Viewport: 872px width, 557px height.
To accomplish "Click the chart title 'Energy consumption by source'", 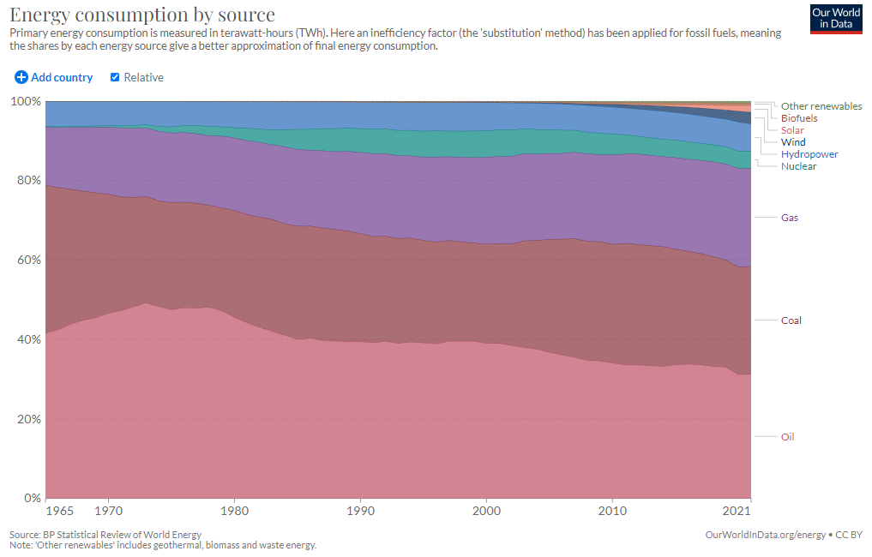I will point(142,15).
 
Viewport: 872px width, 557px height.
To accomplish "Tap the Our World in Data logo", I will point(835,19).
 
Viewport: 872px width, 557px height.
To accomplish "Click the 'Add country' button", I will point(54,77).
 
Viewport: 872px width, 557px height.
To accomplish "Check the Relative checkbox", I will point(115,77).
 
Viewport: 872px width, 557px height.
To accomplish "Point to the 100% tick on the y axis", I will point(26,101).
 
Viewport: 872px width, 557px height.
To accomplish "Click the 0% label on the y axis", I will point(31,498).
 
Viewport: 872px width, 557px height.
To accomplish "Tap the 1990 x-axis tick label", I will point(360,512).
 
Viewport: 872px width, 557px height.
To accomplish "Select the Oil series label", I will point(788,437).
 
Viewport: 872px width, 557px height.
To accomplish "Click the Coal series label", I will point(791,320).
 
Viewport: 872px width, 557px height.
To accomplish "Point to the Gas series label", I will point(790,218).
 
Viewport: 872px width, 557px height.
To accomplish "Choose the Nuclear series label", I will point(799,166).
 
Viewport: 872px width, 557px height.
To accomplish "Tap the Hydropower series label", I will point(809,154).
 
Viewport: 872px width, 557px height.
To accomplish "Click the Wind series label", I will point(793,142).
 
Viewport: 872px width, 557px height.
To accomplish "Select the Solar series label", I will point(792,130).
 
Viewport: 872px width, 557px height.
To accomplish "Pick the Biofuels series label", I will point(799,118).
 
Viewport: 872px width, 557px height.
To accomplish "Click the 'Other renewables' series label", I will point(821,106).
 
